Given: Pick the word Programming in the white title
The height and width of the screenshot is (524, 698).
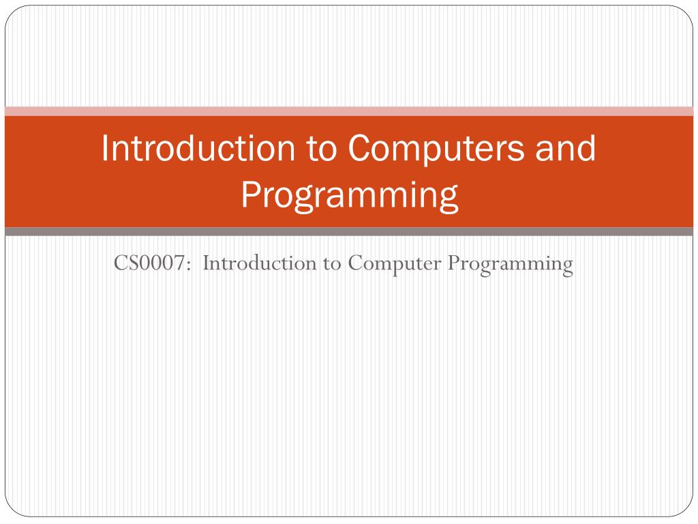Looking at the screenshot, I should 349,195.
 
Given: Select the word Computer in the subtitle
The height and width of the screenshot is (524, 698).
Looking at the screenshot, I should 394,263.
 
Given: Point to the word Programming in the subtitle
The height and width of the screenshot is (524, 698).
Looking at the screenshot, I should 510,263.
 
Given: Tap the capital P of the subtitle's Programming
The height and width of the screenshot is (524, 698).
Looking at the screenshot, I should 452,263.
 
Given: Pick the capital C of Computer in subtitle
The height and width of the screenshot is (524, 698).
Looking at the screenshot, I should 354,263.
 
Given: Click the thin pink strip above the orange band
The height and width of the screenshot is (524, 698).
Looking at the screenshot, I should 349,111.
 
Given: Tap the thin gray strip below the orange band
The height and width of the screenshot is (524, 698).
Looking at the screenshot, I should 349,232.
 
